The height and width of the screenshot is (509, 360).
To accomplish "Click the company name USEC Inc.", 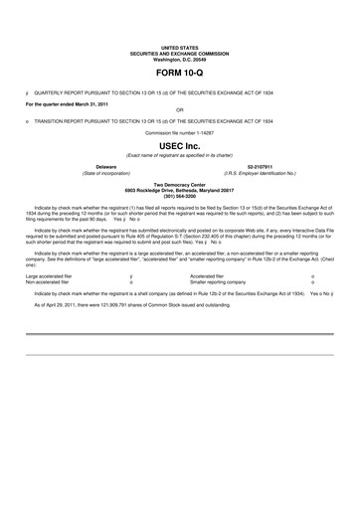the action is pyautogui.click(x=180, y=146).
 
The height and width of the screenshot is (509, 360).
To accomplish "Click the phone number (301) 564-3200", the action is pyautogui.click(x=180, y=194).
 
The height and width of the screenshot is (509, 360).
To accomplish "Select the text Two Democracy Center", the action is pyautogui.click(x=180, y=182).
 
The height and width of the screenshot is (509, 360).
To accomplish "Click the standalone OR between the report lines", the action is pyautogui.click(x=180, y=109).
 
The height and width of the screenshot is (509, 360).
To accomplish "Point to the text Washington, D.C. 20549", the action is pyautogui.click(x=180, y=60).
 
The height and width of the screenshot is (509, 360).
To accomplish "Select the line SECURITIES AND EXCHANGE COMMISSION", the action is pyautogui.click(x=180, y=54).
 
